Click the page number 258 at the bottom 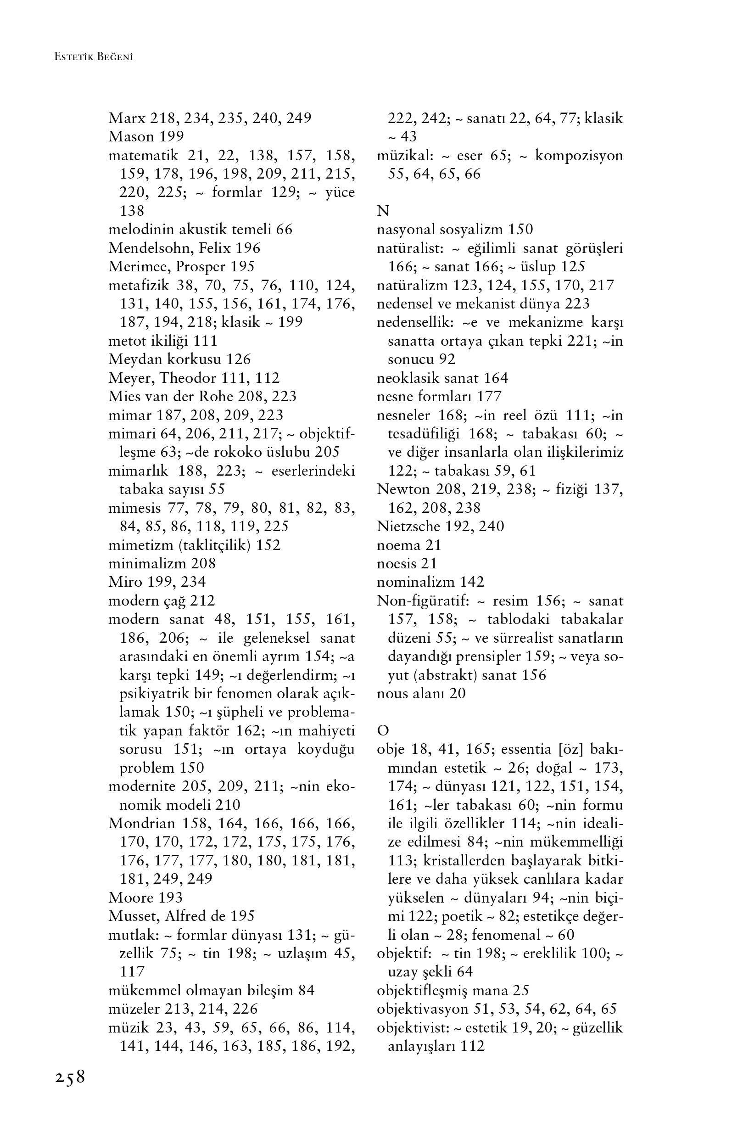click(x=70, y=1077)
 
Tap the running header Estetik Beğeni click(x=93, y=57)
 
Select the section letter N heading click(x=383, y=211)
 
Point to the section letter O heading click(x=383, y=730)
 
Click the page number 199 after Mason click(x=172, y=136)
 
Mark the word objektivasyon click(x=423, y=1009)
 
